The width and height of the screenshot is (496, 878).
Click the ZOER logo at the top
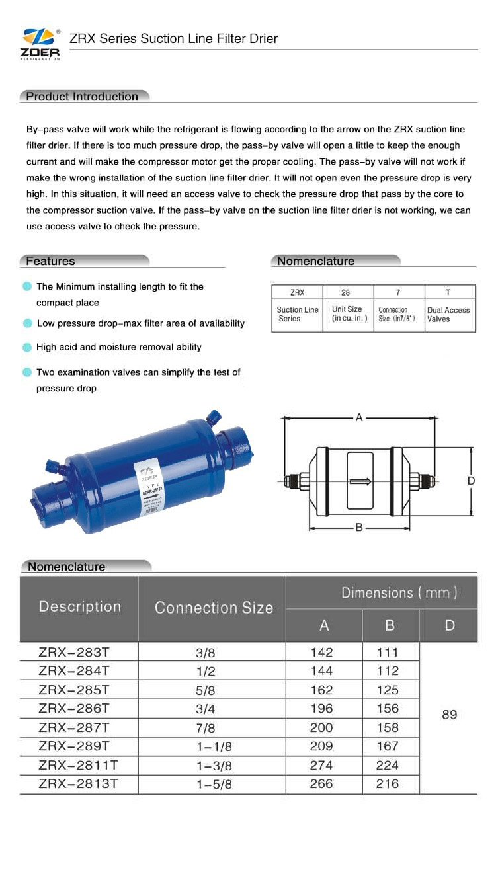(41, 44)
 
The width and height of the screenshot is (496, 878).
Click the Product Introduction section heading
(82, 97)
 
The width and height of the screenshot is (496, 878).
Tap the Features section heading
(50, 261)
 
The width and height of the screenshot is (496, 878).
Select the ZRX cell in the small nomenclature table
(297, 292)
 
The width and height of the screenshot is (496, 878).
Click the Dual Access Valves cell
(448, 314)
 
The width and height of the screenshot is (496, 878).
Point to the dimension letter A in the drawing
(359, 418)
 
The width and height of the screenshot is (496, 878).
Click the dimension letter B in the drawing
(359, 528)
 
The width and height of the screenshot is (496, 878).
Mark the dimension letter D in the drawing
(471, 481)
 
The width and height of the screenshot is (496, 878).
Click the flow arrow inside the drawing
(361, 481)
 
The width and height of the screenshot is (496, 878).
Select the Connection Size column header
(213, 608)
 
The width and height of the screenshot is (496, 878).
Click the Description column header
(80, 606)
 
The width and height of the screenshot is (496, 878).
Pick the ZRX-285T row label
(73, 690)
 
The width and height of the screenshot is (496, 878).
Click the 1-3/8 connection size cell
(214, 766)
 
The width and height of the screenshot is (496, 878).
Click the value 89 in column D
(449, 715)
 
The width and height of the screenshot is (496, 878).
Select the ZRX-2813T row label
(78, 784)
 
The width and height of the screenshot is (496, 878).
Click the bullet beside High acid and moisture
(27, 347)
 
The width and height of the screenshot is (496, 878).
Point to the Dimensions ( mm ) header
(399, 592)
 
